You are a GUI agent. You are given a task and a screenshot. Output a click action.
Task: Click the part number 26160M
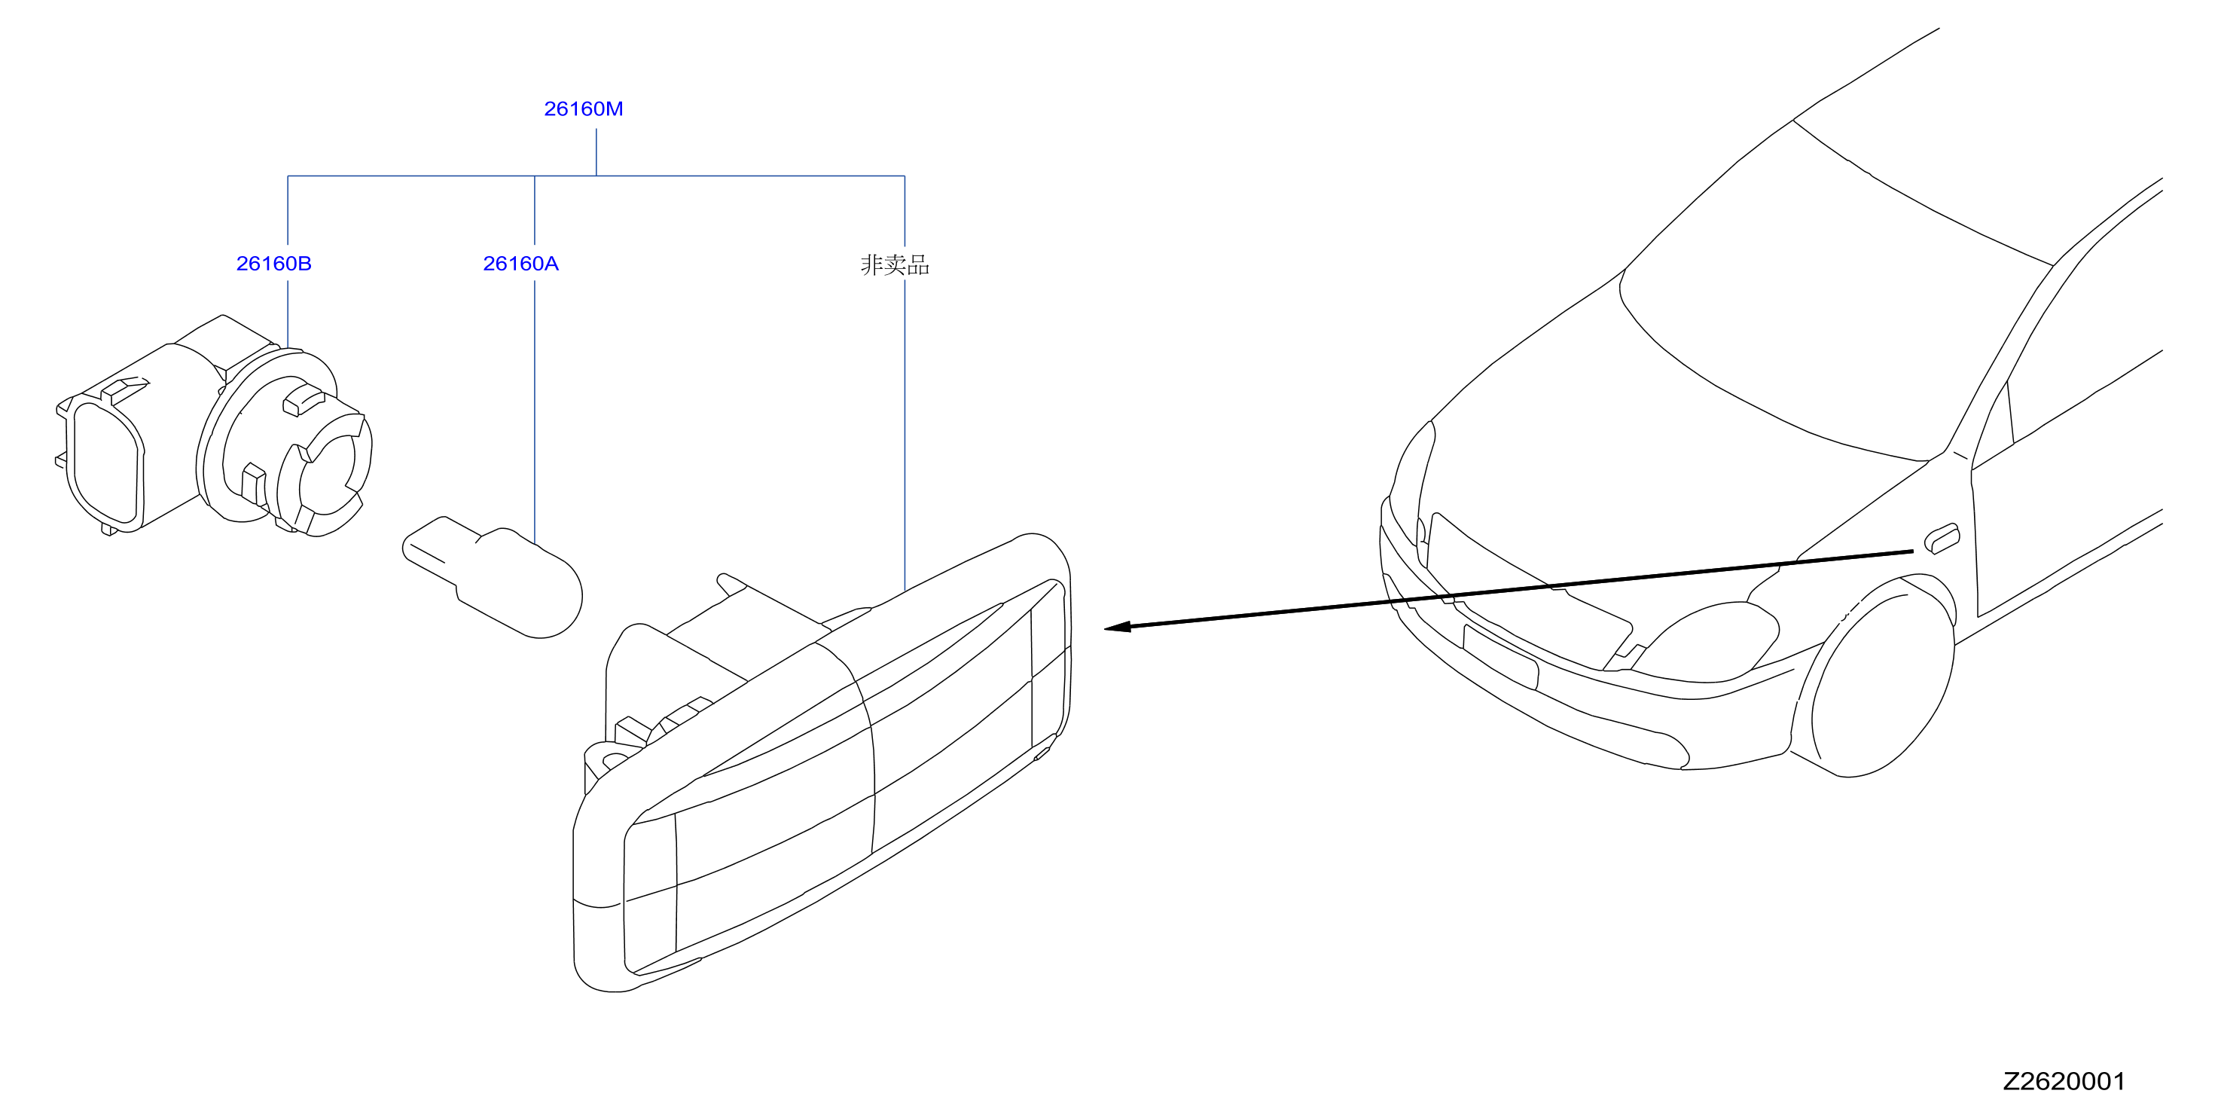point(583,109)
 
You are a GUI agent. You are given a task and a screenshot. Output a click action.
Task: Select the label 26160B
point(274,264)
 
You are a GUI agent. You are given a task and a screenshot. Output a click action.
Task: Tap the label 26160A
point(520,264)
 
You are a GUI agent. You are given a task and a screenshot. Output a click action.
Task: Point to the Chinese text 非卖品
point(895,264)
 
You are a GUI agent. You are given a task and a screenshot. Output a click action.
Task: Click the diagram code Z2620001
point(2063,1081)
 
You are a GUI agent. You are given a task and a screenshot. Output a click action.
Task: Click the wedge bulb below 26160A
point(493,576)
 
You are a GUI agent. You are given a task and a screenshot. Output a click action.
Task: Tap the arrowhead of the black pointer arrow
point(1117,627)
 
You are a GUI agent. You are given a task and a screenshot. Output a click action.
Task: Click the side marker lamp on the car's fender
point(1942,539)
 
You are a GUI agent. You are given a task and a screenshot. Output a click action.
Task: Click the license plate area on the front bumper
point(1500,656)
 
